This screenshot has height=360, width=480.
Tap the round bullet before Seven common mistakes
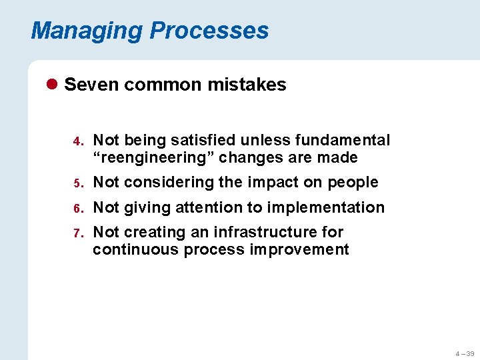pos(53,85)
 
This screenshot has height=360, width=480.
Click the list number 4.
pos(77,141)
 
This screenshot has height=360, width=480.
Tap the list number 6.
pos(77,209)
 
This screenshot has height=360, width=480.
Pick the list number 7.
pos(77,233)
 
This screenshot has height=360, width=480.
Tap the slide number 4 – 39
pos(465,353)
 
